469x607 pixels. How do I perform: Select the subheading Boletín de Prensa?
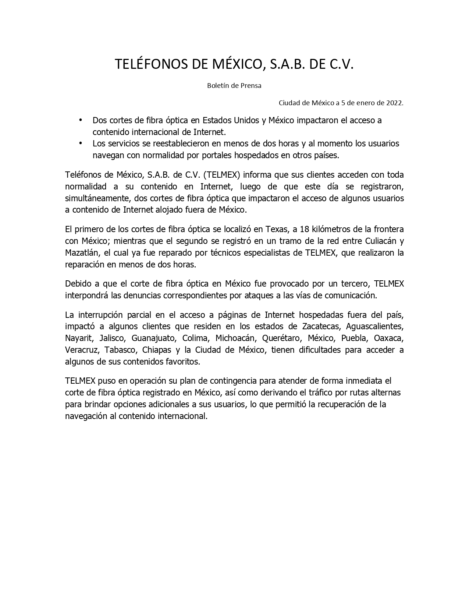[234, 86]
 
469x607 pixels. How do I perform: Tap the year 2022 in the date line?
[394, 103]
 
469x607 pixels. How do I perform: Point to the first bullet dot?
[81, 120]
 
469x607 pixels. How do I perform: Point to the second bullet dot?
[81, 143]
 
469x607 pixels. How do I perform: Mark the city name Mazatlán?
[82, 253]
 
